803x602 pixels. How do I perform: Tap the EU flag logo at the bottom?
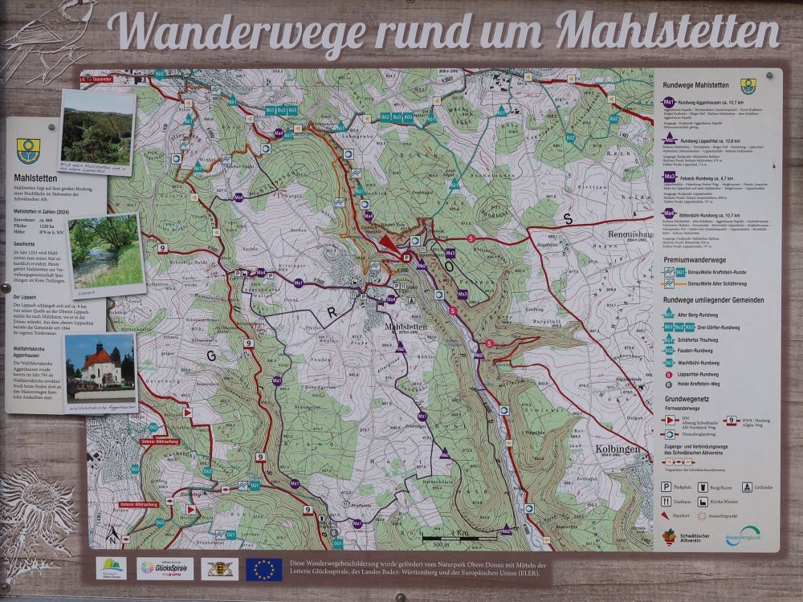[x=263, y=569]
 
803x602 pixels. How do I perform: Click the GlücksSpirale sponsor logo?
[x=165, y=568]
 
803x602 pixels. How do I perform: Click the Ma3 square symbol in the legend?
[x=669, y=176]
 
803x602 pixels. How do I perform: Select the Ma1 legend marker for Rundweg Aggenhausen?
[x=668, y=103]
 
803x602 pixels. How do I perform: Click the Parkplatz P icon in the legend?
[x=666, y=486]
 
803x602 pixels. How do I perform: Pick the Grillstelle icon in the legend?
[x=747, y=486]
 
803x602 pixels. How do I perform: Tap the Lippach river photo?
[x=105, y=254]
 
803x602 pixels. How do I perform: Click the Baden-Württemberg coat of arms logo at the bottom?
[x=218, y=568]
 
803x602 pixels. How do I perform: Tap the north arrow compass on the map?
[x=113, y=533]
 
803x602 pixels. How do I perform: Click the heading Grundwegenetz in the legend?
[x=691, y=398]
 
